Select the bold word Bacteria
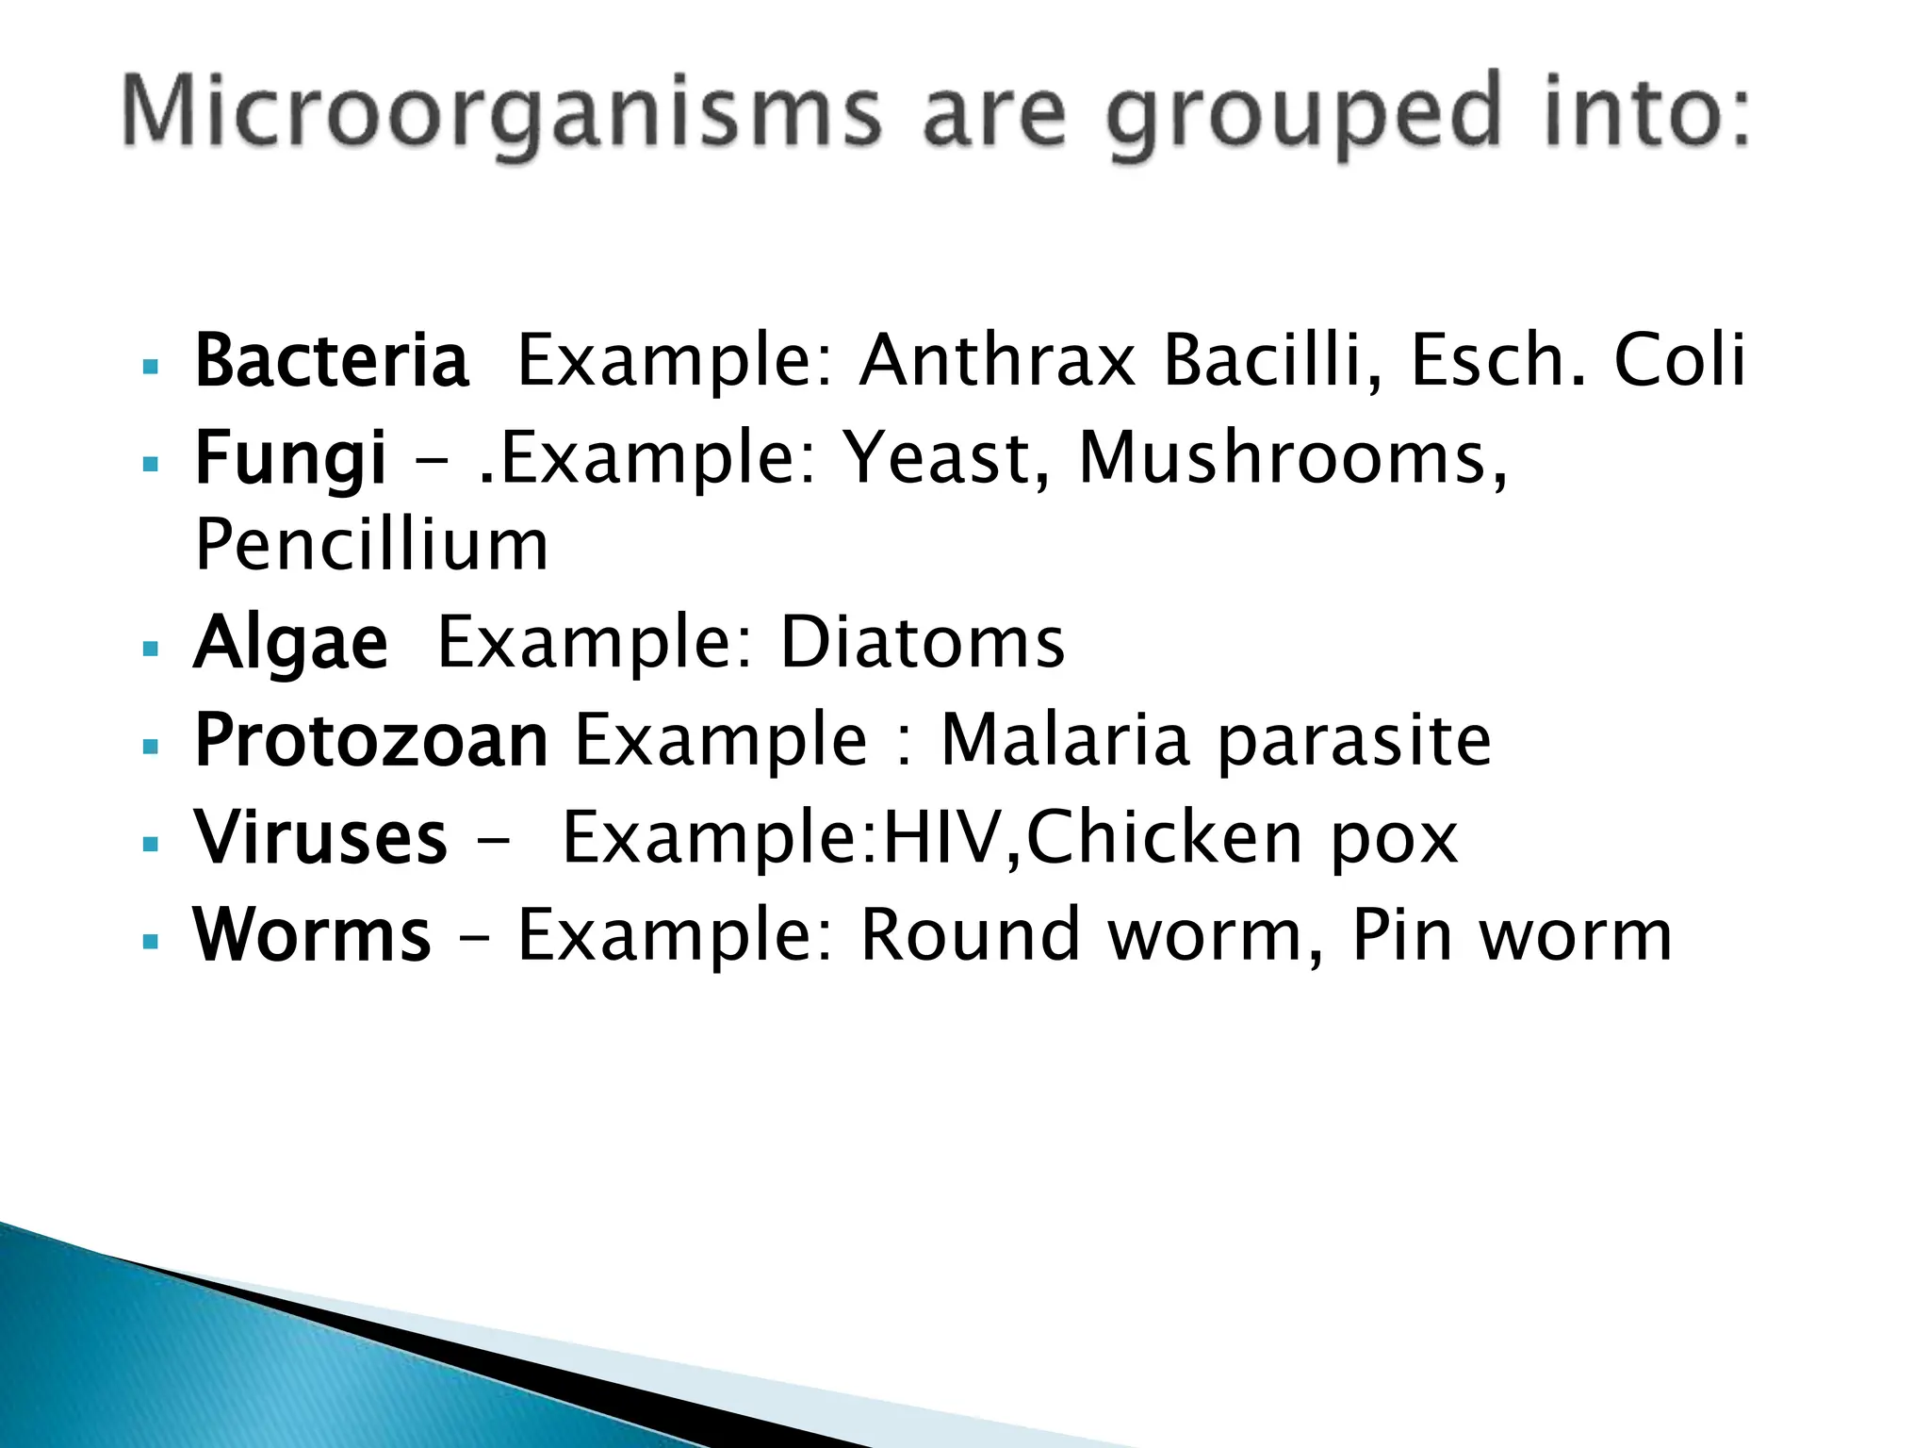coord(331,360)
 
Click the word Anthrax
coord(997,360)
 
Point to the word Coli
coord(1679,360)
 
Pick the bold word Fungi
coord(290,458)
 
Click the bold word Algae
coord(290,643)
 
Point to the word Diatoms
coord(923,643)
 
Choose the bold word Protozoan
coord(371,740)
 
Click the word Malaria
coord(1066,740)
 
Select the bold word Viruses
coord(320,837)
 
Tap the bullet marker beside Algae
coord(150,649)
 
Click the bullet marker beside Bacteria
coord(150,366)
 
